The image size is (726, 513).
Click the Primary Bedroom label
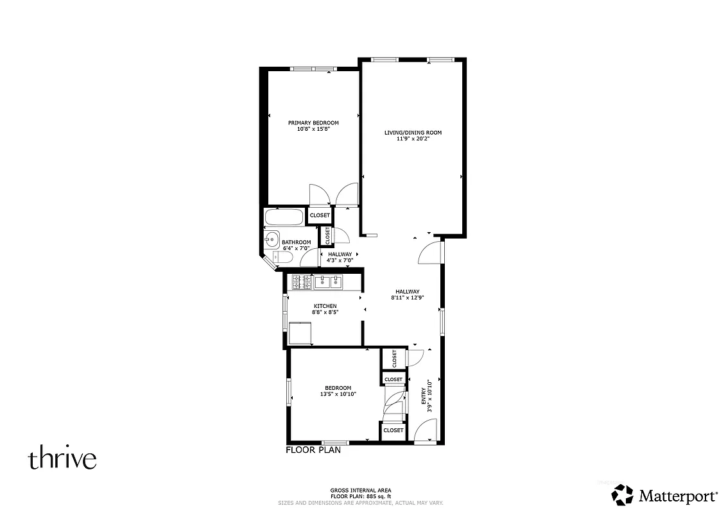[x=313, y=122]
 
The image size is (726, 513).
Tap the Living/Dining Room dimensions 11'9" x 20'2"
[x=413, y=139]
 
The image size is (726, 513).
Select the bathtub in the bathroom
[x=284, y=217]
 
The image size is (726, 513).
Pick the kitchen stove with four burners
[x=301, y=282]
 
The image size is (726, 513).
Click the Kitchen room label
[x=325, y=306]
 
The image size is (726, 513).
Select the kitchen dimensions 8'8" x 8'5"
[x=325, y=312]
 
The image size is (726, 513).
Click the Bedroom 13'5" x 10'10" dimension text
[x=338, y=394]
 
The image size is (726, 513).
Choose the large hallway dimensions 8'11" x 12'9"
[x=407, y=298]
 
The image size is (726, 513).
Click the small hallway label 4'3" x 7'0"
[x=340, y=260]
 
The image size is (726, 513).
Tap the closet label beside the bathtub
[x=320, y=215]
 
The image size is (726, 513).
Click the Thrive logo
[x=62, y=459]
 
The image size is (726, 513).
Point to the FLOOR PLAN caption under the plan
[x=313, y=450]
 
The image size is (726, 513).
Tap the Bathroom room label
[x=297, y=242]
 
